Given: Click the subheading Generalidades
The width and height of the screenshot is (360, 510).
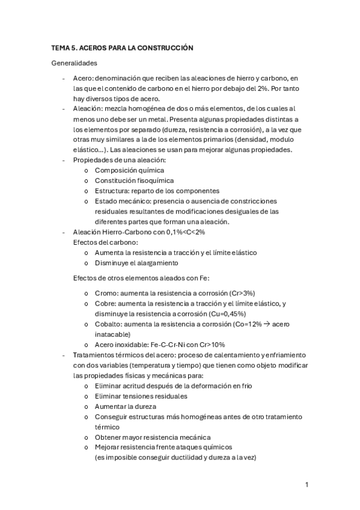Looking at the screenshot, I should point(75,63).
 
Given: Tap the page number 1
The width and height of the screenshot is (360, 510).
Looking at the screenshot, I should point(307,484).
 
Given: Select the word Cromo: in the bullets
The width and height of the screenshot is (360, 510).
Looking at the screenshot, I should point(107,292).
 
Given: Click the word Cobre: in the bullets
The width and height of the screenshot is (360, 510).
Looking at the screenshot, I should point(106,303).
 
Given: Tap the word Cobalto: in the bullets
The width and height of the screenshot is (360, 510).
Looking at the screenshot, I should point(110,324).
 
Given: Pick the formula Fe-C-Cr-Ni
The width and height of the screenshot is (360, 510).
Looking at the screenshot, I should point(169,345).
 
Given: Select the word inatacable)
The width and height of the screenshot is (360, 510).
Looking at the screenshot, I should point(112,334).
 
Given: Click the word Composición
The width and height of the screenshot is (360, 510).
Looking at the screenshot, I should point(117,170).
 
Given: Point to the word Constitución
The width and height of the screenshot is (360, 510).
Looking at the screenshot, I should point(117,180).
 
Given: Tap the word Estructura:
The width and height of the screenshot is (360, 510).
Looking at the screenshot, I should point(114,191).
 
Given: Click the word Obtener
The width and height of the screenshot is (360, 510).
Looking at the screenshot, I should point(108,437).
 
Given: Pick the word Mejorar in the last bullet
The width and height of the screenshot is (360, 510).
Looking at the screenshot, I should point(108,447).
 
